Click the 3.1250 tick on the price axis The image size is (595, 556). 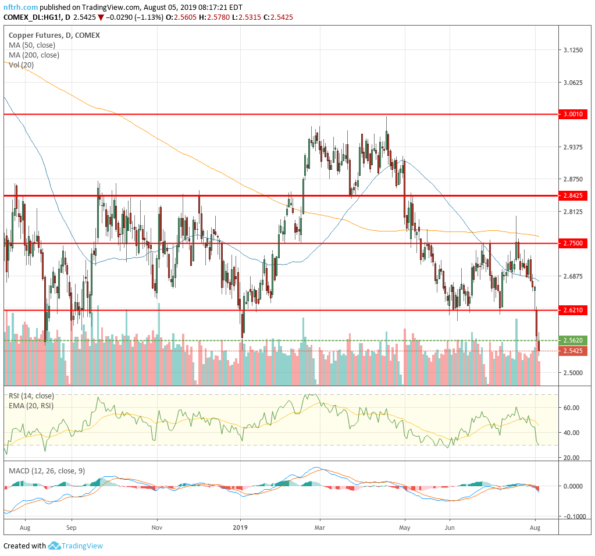coord(573,51)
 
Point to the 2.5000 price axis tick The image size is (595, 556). coord(573,373)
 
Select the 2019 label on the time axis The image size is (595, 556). coord(240,528)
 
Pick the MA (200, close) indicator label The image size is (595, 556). coord(34,55)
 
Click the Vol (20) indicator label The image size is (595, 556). coord(21,65)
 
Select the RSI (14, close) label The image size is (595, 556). coord(33,395)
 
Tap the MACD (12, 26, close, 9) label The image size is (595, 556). coord(47,471)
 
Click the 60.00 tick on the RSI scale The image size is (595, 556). coord(572,408)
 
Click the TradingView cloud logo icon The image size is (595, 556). coord(54,546)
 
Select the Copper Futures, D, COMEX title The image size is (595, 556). coord(54,35)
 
